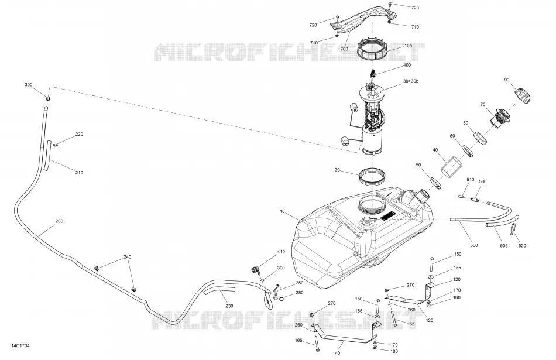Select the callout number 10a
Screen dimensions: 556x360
click(x=408, y=46)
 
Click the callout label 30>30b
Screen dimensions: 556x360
click(x=411, y=81)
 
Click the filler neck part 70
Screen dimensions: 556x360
click(x=500, y=117)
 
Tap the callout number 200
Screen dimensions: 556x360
click(x=59, y=221)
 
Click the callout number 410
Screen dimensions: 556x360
click(x=281, y=252)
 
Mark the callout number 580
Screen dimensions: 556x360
click(x=483, y=181)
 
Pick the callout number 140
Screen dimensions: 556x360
click(x=336, y=353)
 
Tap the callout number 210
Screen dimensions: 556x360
click(x=79, y=173)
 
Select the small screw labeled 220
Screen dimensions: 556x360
click(x=56, y=145)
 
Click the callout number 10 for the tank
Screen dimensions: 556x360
click(x=282, y=211)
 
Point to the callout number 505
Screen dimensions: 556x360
click(x=503, y=245)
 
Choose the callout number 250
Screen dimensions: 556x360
click(x=300, y=283)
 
